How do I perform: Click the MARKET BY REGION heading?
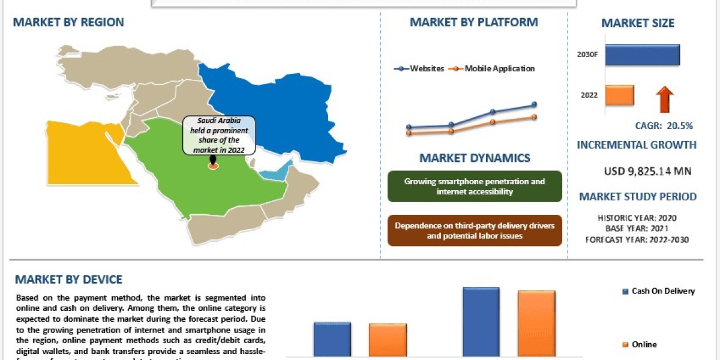[x=68, y=23]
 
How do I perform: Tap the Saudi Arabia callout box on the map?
[x=219, y=136]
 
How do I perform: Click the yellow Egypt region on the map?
[x=81, y=150]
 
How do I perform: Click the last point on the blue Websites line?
[x=534, y=105]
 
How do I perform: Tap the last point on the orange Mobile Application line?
[x=534, y=117]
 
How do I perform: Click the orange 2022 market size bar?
[x=619, y=95]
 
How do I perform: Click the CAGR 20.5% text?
[x=664, y=126]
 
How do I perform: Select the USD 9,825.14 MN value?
[x=647, y=172]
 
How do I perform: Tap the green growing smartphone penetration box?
[x=475, y=186]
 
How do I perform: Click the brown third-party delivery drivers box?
[x=475, y=230]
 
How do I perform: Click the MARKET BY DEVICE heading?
[x=68, y=280]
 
